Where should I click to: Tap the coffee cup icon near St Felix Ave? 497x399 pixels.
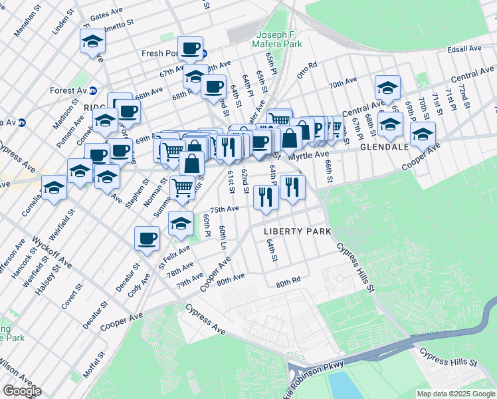click(x=147, y=238)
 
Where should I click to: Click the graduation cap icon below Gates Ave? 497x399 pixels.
click(x=93, y=41)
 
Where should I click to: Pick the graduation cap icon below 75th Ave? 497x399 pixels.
click(x=180, y=223)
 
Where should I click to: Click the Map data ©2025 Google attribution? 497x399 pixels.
click(x=455, y=394)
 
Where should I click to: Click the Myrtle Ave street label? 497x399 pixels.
click(x=308, y=154)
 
